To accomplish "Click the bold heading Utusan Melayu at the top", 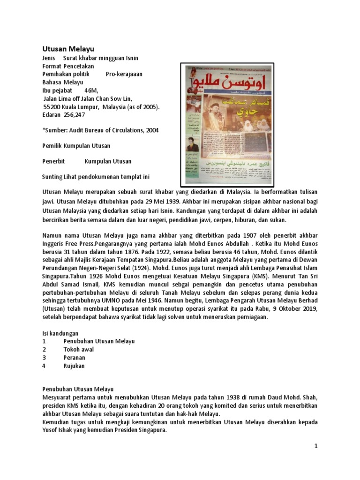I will coord(68,49).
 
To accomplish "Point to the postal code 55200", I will coord(51,106).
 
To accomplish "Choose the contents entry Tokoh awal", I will coord(78,349).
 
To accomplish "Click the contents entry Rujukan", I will coord(74,366).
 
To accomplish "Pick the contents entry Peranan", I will coord(74,358).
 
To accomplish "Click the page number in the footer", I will coord(316,446).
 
